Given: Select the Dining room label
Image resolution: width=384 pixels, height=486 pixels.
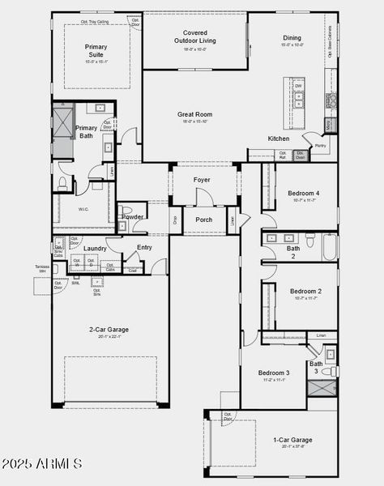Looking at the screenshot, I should (x=292, y=38).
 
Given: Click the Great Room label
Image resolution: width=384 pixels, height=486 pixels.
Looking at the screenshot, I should (x=194, y=114).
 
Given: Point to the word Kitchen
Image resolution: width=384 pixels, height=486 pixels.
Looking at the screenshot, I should (x=279, y=139).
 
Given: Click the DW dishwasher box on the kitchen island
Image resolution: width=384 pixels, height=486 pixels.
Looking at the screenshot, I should (x=299, y=86).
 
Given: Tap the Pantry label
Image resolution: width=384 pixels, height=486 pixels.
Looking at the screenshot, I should (x=320, y=146).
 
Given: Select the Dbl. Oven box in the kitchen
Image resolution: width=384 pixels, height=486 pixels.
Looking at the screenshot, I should (x=300, y=155).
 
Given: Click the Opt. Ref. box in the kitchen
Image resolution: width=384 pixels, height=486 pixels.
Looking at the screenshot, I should (x=282, y=155).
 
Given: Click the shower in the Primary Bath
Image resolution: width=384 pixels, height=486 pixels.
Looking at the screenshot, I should (x=63, y=122).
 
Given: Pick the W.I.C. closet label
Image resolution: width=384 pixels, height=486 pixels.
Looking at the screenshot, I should (x=83, y=208).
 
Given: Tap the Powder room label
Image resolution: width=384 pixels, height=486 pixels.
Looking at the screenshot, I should (x=132, y=217).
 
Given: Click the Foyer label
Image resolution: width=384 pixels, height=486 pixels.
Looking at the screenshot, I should (x=202, y=180).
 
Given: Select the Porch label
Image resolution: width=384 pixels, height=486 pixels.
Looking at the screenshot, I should (x=204, y=220).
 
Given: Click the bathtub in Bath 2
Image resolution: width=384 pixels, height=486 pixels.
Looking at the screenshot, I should (x=329, y=247).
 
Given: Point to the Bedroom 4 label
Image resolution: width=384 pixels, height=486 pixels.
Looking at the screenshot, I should (x=304, y=193).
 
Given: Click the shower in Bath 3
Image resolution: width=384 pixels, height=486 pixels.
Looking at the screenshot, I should (x=321, y=387).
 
